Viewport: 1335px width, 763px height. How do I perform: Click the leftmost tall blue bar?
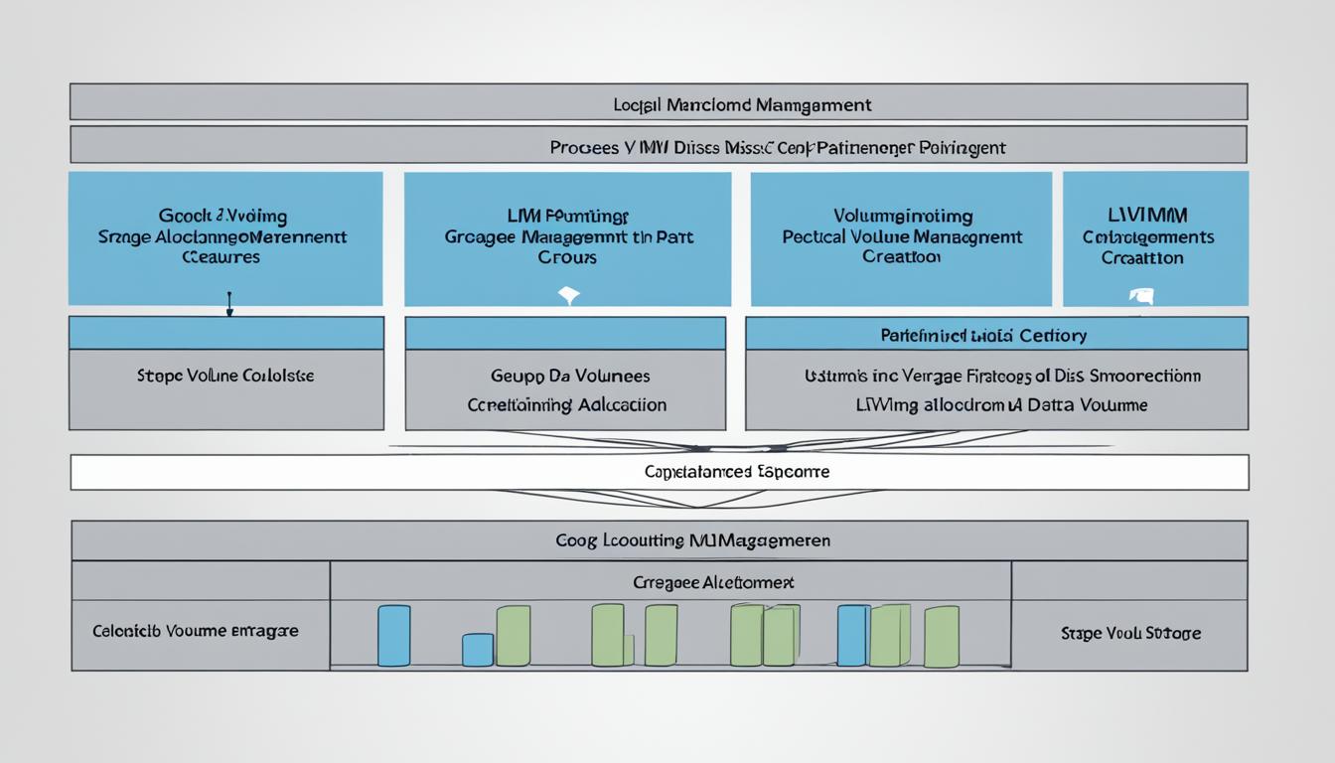pyautogui.click(x=393, y=636)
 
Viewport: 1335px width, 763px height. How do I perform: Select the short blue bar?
pyautogui.click(x=477, y=650)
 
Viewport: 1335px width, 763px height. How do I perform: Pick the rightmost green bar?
pyautogui.click(x=941, y=637)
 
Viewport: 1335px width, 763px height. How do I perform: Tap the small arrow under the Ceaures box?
pyautogui.click(x=229, y=304)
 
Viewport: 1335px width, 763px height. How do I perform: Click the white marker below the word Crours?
pyautogui.click(x=568, y=295)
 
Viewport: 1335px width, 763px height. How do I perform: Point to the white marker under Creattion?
pyautogui.click(x=1142, y=295)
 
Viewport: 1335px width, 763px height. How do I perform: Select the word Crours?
pyautogui.click(x=568, y=257)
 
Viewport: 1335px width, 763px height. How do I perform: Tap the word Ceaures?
pyautogui.click(x=222, y=257)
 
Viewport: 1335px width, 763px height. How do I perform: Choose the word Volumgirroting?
pyautogui.click(x=902, y=216)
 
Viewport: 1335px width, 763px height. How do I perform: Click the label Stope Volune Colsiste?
pyautogui.click(x=225, y=377)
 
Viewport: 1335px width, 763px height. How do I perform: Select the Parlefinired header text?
pyautogui.click(x=983, y=336)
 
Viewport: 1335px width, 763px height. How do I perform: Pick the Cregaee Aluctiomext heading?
pyautogui.click(x=713, y=582)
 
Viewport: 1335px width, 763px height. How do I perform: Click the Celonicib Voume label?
pyautogui.click(x=196, y=631)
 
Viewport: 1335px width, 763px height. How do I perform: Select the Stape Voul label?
pyautogui.click(x=1130, y=633)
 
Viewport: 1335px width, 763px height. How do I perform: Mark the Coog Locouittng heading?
pyautogui.click(x=693, y=540)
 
